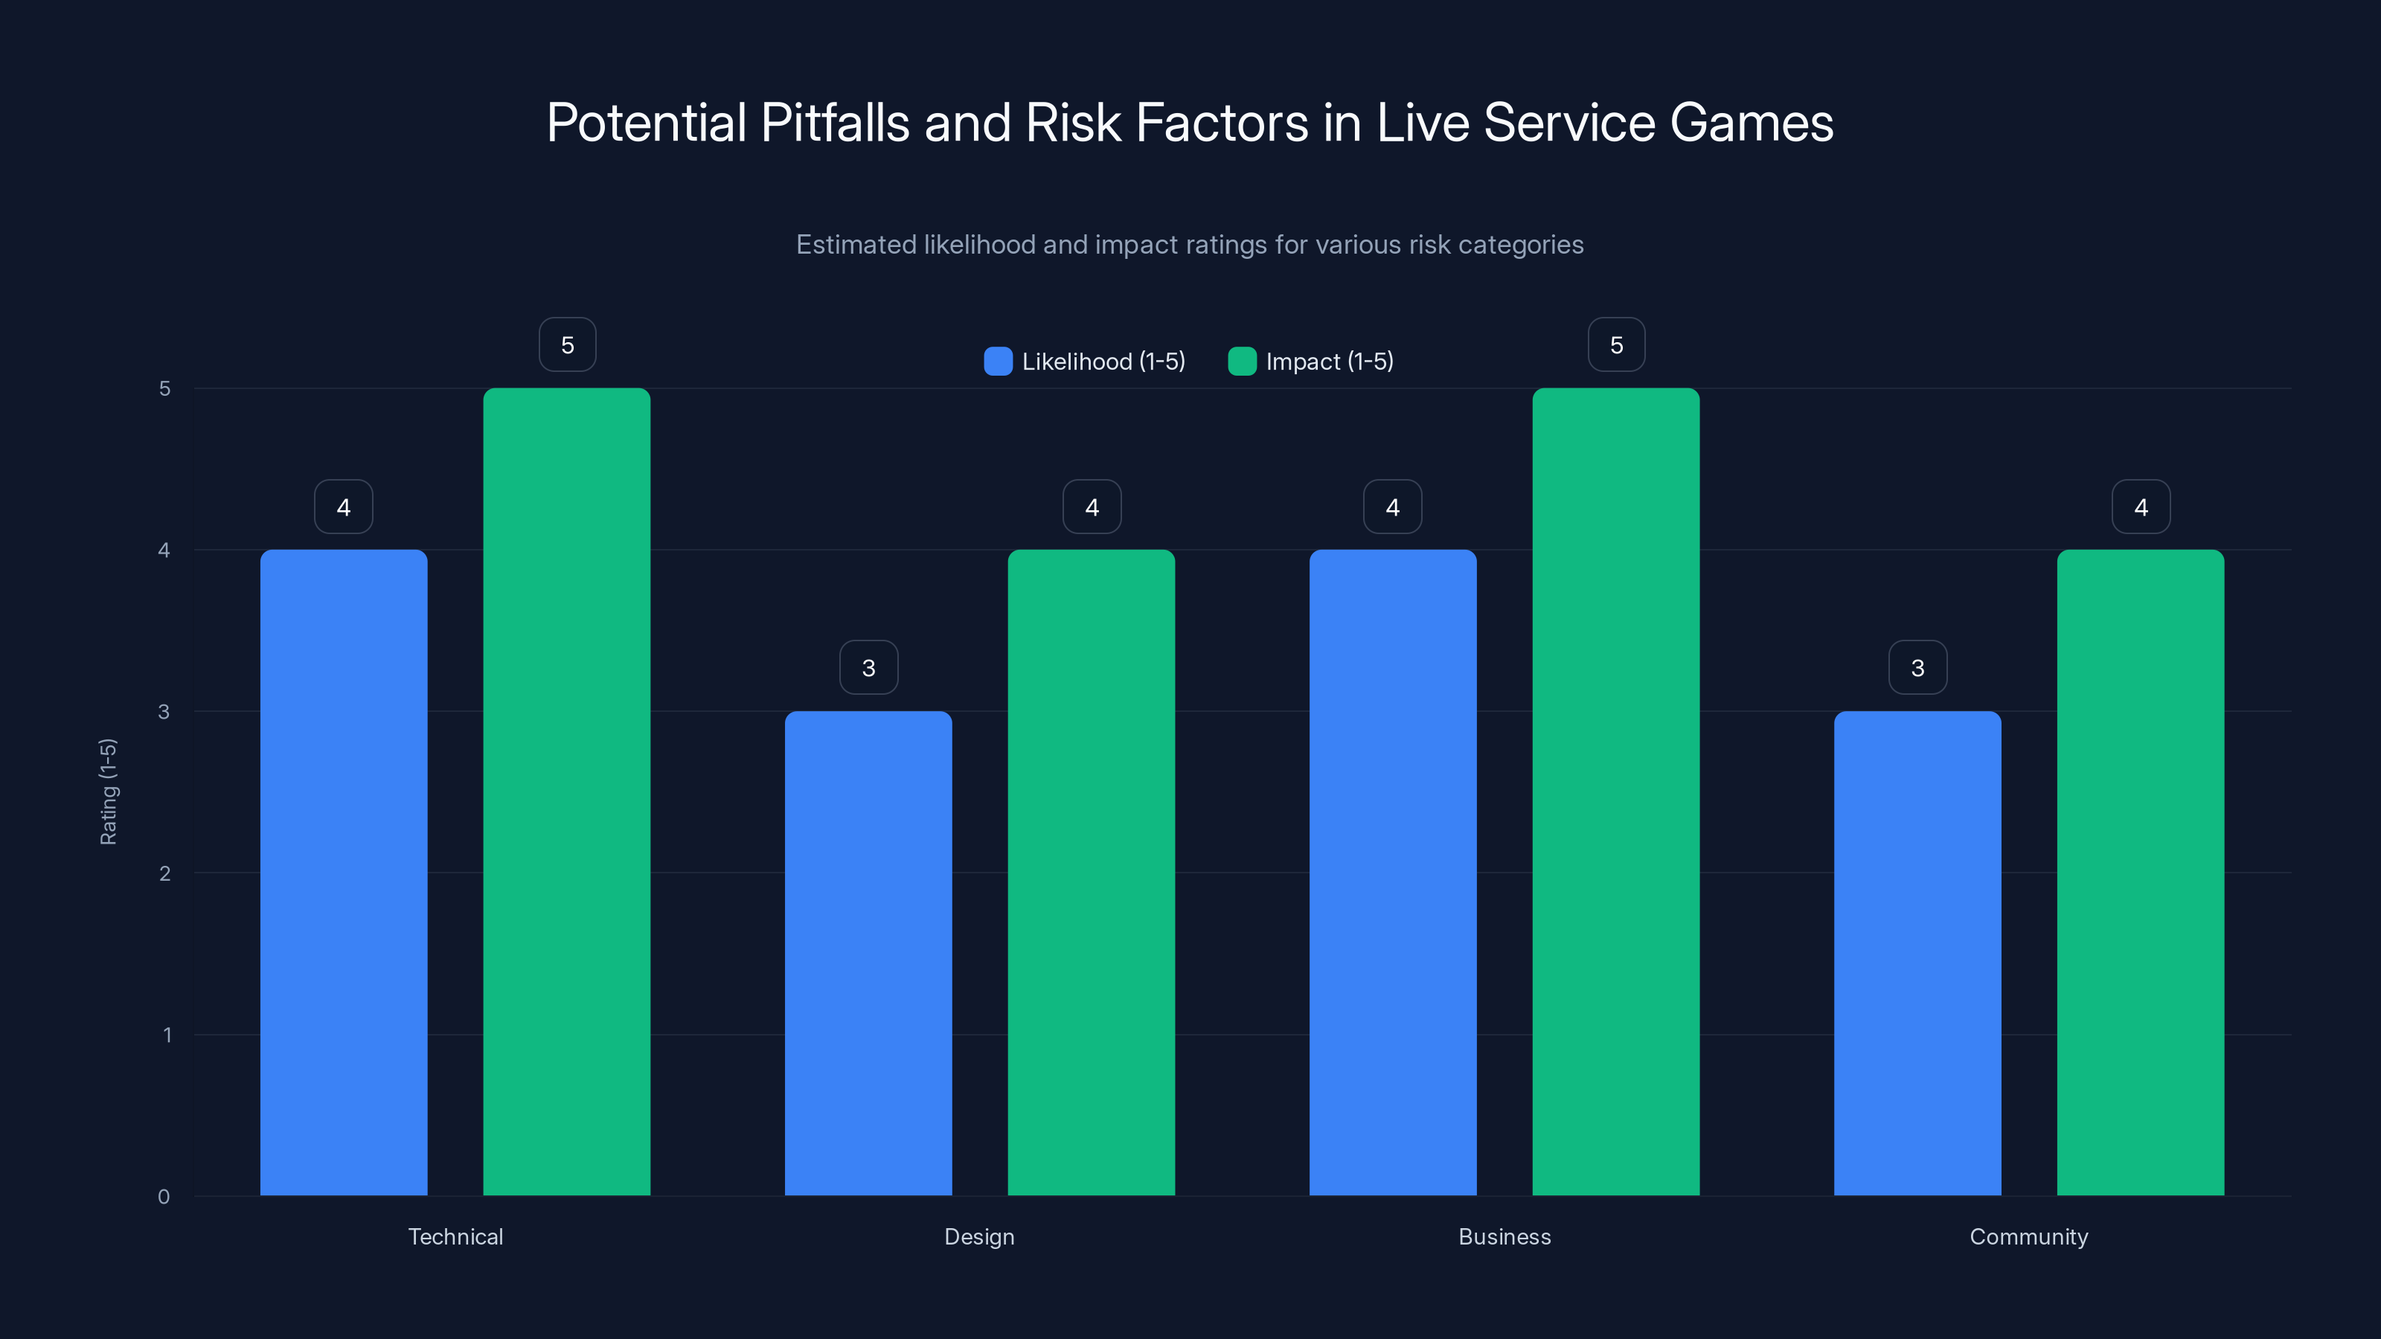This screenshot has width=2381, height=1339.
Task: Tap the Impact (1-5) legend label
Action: click(1329, 362)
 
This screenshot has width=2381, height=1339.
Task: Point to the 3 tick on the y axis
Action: click(164, 712)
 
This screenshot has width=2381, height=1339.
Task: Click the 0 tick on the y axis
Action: click(164, 1197)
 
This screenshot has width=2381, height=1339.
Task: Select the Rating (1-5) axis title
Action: click(108, 791)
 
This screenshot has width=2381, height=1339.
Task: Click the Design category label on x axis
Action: click(979, 1236)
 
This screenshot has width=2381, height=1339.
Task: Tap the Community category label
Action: click(2029, 1236)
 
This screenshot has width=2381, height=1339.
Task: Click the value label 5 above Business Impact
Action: click(1615, 344)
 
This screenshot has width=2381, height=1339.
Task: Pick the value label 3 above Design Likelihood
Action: click(868, 667)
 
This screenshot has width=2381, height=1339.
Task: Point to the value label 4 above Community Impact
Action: click(2141, 507)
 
